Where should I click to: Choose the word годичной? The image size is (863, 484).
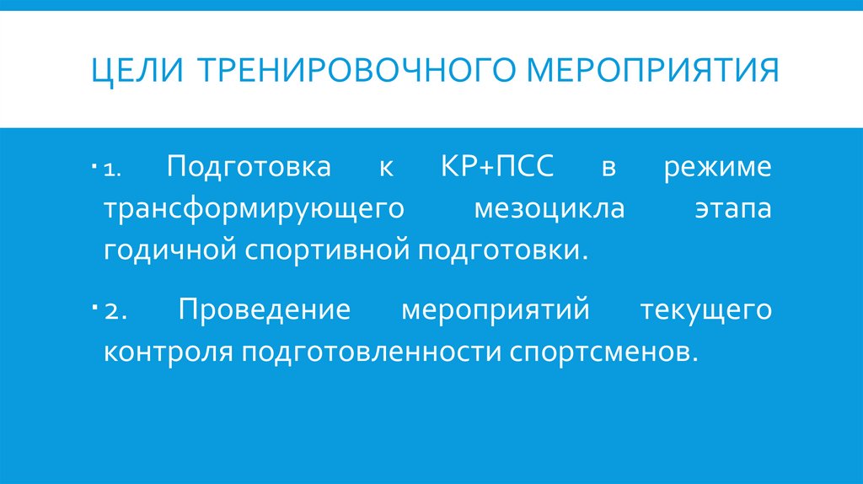[171, 250]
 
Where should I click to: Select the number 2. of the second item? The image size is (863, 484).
[115, 311]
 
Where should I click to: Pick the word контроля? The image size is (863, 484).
[169, 351]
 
